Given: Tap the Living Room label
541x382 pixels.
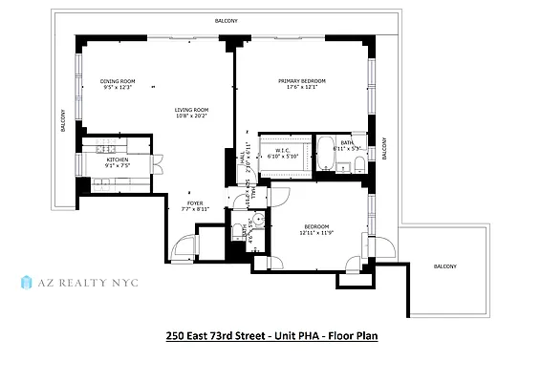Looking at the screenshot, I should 191,110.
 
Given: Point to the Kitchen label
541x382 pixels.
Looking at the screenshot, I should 117,159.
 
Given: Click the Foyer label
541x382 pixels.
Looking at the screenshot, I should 195,203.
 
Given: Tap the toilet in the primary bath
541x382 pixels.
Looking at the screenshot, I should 357,166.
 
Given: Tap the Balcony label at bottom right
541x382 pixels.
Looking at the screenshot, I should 444,266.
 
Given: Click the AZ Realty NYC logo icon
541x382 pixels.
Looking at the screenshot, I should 26,283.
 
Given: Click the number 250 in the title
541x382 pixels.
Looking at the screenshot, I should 177,336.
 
